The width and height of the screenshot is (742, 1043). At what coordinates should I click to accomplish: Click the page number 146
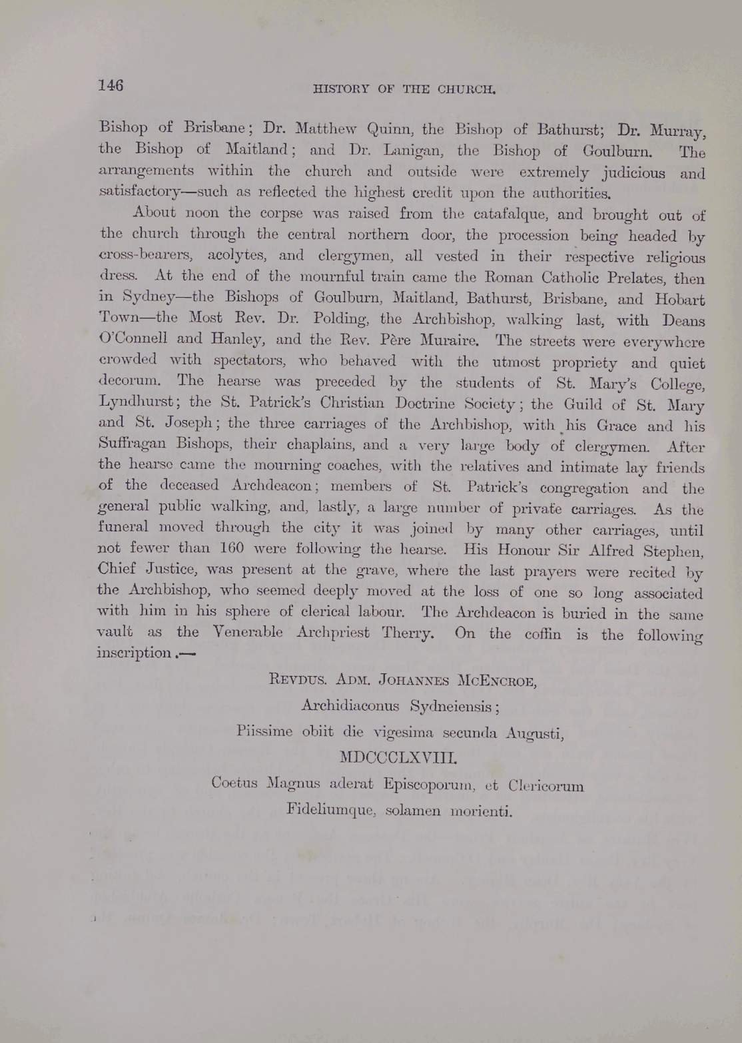[111, 85]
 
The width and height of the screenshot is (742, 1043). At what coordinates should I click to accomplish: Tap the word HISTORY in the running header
[341, 89]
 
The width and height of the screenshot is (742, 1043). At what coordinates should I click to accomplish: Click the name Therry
[408, 633]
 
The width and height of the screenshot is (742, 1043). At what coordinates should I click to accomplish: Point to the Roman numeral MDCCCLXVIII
[397, 758]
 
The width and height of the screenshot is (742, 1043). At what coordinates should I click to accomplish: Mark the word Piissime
[264, 731]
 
